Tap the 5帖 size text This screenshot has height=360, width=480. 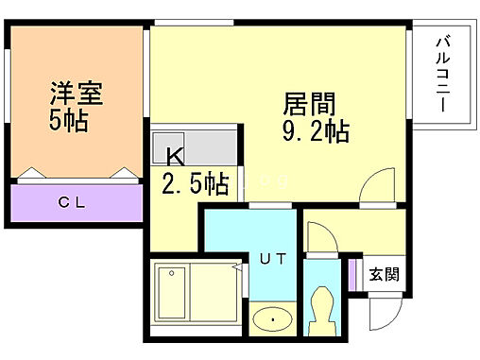click(x=70, y=122)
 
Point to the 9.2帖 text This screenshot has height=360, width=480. click(x=317, y=131)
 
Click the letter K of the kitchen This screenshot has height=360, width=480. click(x=175, y=157)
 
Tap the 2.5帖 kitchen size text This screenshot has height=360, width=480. click(x=195, y=183)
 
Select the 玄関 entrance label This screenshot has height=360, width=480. click(x=384, y=275)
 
